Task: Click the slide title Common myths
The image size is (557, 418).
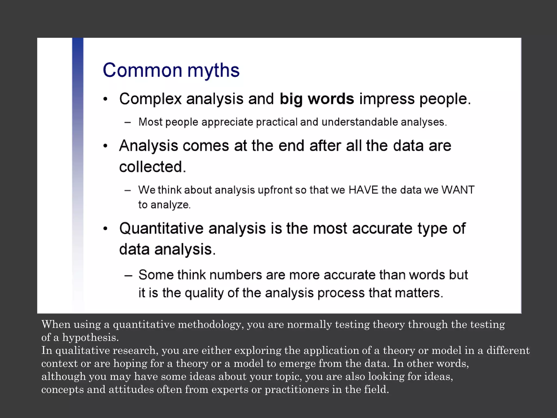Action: (x=171, y=70)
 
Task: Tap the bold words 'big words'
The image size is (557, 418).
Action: (x=317, y=99)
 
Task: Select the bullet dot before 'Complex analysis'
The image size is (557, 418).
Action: (x=106, y=99)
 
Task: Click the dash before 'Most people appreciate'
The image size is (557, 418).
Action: (x=128, y=122)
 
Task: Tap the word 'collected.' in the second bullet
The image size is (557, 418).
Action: (x=152, y=167)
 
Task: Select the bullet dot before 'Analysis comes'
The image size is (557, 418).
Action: (x=106, y=146)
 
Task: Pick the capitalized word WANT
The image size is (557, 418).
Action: (x=458, y=190)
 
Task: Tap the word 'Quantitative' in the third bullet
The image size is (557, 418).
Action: (x=161, y=228)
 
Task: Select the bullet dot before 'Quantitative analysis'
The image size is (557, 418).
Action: (x=106, y=229)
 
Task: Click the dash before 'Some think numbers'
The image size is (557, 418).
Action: (x=128, y=275)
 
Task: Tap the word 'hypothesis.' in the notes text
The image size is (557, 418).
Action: (x=90, y=337)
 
